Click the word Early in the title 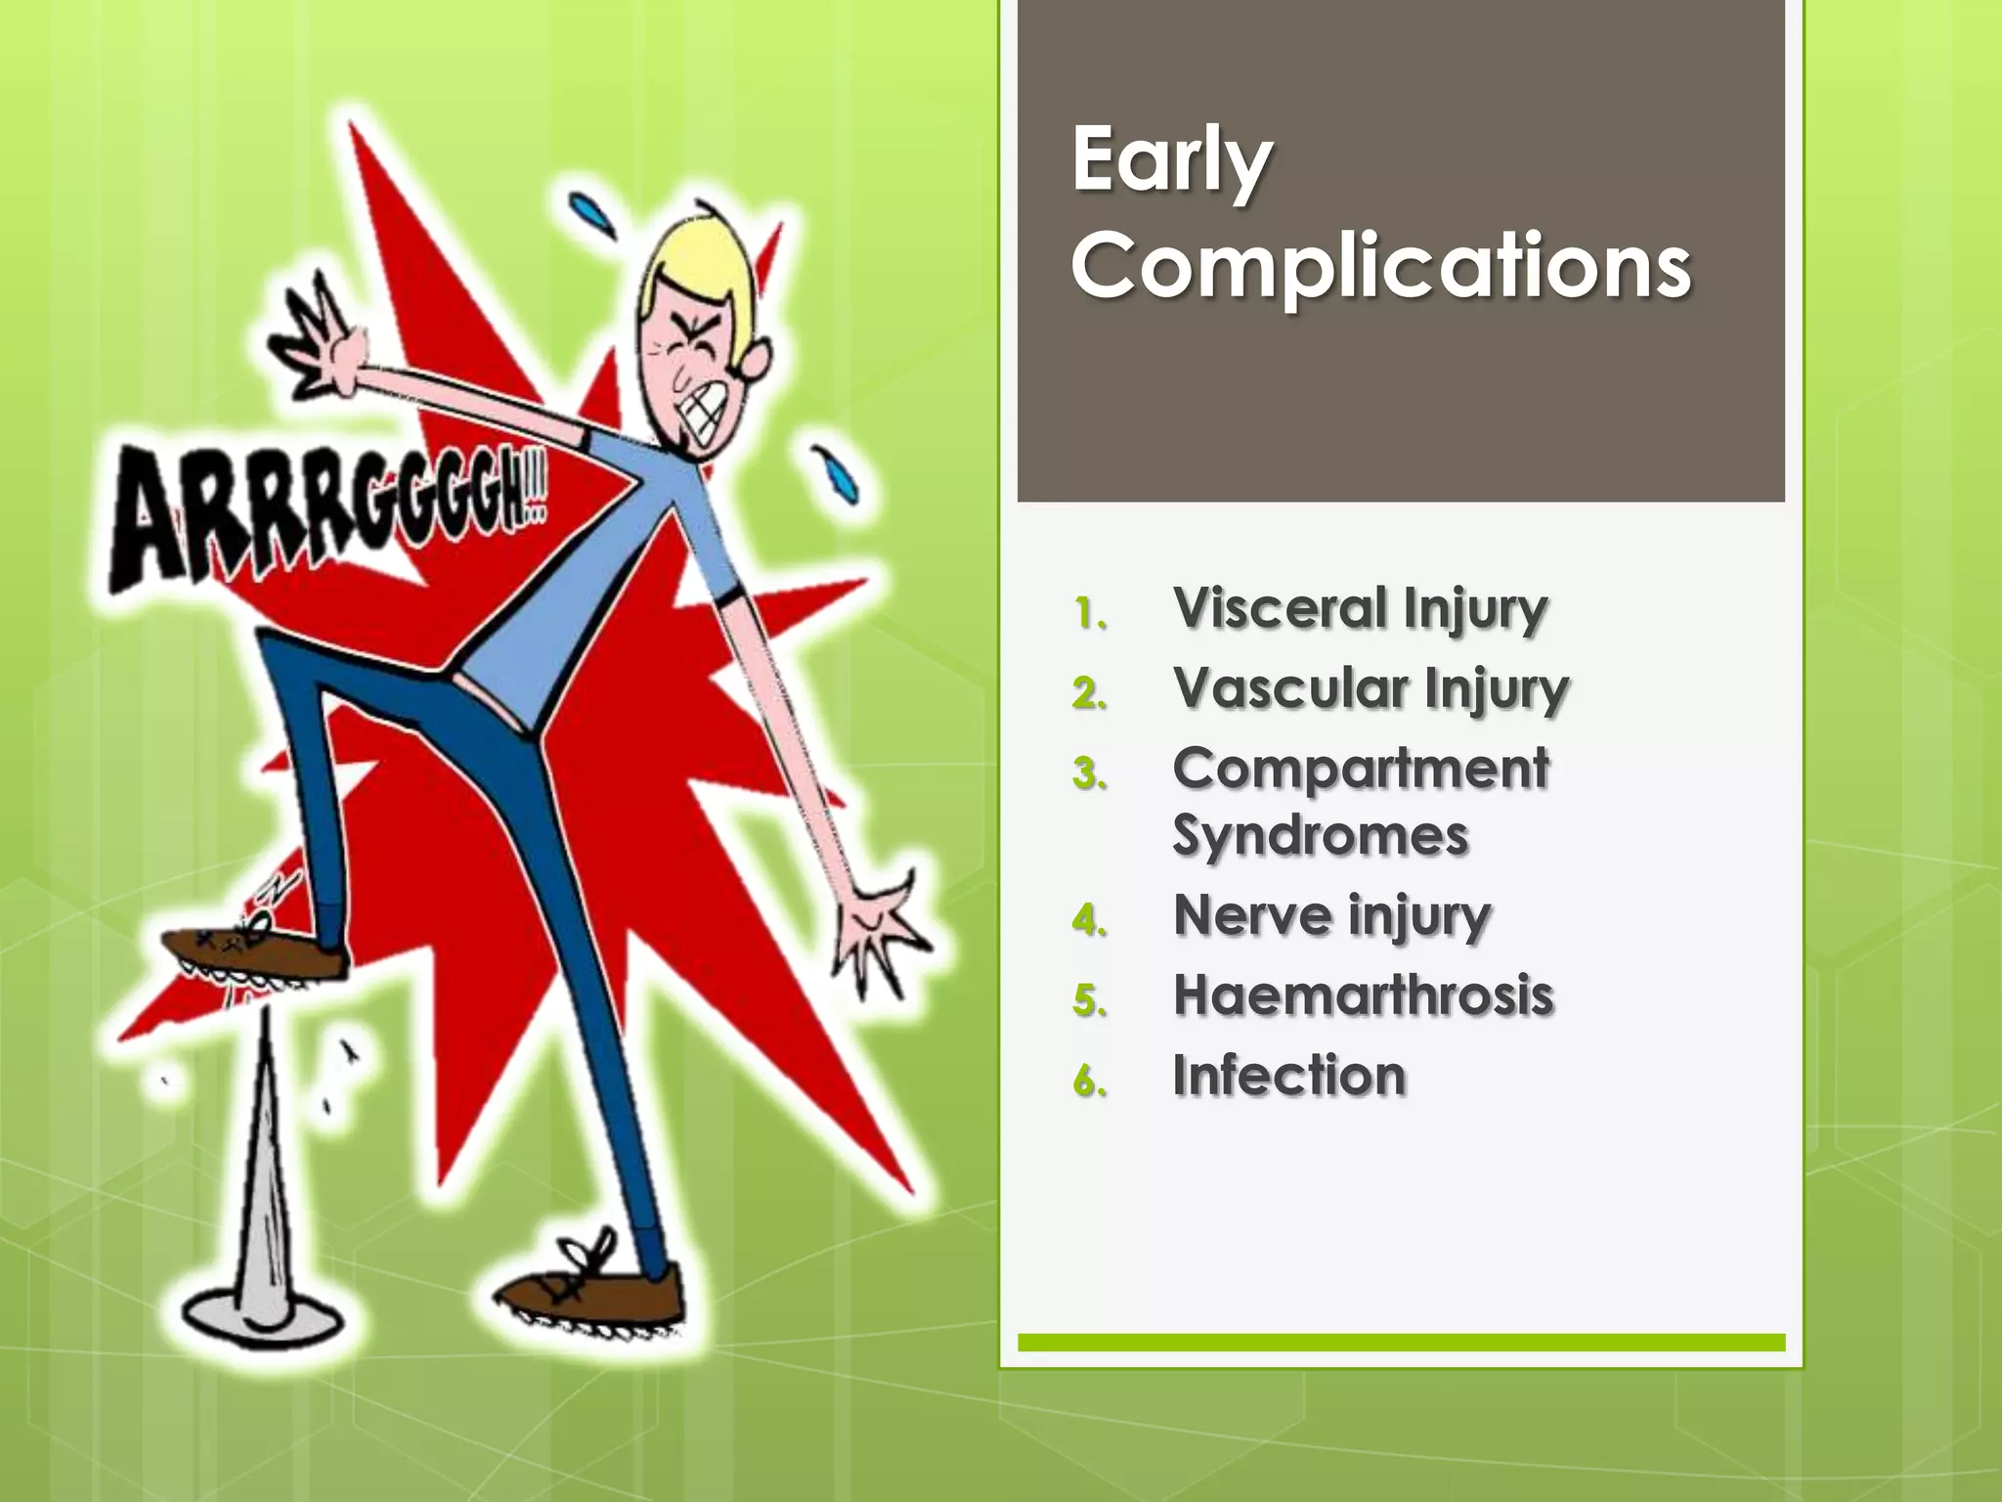(1171, 161)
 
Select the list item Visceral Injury (1360, 609)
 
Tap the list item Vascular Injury (1371, 689)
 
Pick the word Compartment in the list (1361, 769)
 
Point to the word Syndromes (1320, 837)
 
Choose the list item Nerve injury (1331, 917)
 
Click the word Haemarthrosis (1363, 996)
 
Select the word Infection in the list (1288, 1077)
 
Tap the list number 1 (1089, 614)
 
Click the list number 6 (1089, 1082)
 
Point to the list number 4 (1089, 921)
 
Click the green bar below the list (1401, 1343)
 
